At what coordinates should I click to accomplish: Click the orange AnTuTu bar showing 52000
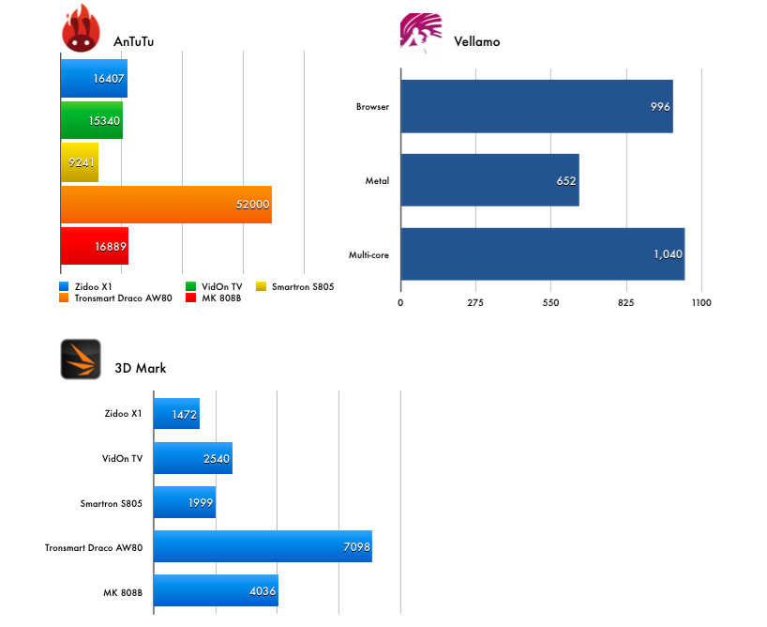tap(166, 204)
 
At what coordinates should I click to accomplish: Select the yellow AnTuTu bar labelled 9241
tap(80, 161)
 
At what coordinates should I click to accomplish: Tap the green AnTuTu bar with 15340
tap(92, 120)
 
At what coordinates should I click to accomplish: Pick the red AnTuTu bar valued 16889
tap(95, 245)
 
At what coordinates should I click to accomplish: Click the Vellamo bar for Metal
tap(489, 180)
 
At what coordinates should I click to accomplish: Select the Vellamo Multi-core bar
tap(542, 253)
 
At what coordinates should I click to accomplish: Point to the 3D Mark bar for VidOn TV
tap(192, 458)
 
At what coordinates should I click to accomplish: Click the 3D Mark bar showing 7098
tap(263, 545)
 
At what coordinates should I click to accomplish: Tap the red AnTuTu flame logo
tap(82, 30)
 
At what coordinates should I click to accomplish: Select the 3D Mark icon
tap(81, 359)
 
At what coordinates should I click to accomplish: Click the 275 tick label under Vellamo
tap(475, 303)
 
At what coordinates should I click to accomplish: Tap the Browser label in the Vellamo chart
tap(372, 107)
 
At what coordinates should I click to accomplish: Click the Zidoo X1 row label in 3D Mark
tap(124, 413)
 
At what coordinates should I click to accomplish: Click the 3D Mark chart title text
tap(140, 368)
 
